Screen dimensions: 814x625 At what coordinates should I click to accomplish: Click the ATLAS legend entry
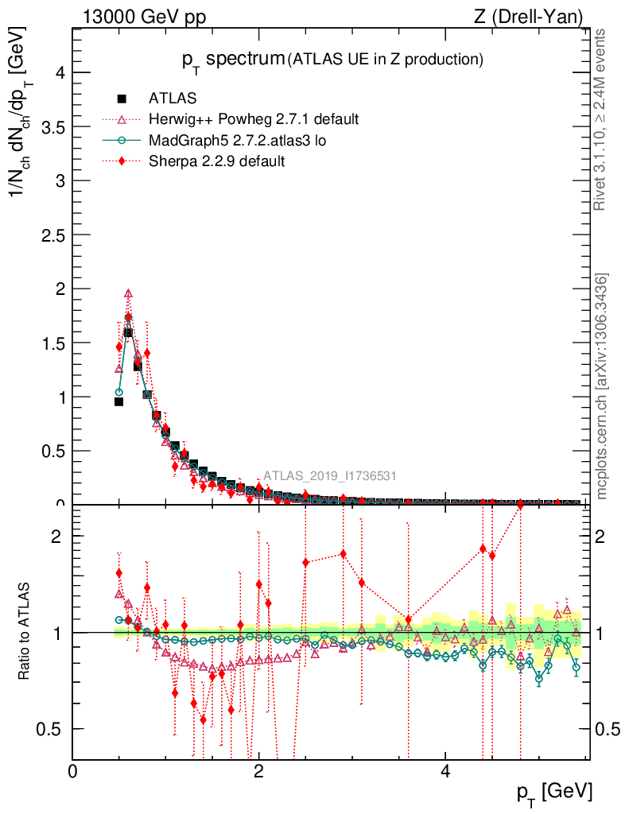[173, 99]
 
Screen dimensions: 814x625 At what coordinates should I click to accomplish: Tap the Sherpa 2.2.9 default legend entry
[216, 161]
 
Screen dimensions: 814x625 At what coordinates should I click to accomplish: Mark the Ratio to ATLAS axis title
[25, 632]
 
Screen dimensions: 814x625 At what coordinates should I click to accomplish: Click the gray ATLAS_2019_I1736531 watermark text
[329, 476]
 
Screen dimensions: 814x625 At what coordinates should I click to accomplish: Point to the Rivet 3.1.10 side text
[602, 120]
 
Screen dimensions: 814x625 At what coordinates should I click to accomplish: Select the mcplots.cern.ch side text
[602, 386]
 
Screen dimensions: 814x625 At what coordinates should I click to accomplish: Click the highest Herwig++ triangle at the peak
[128, 293]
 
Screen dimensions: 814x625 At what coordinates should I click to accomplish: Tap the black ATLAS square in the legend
[122, 99]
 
